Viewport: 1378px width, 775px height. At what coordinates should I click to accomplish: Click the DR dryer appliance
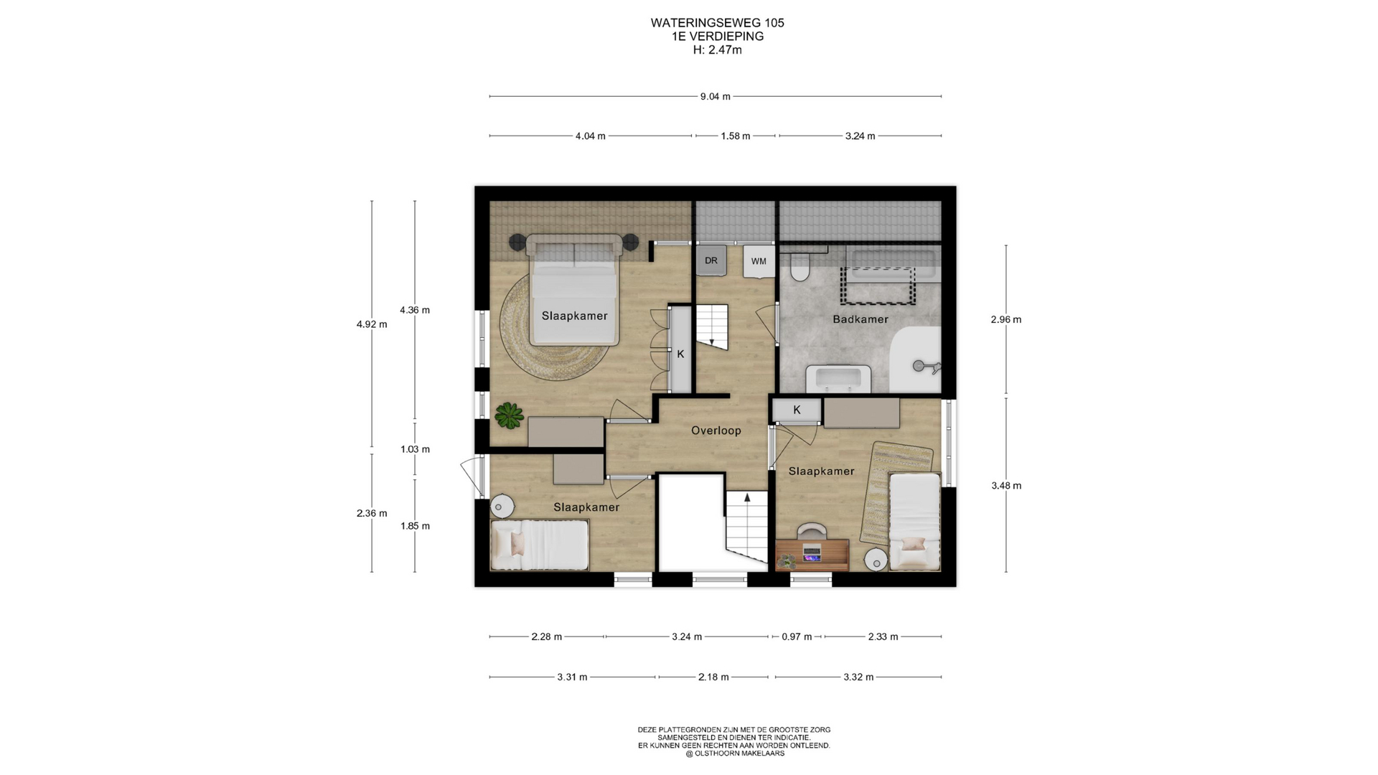tap(711, 260)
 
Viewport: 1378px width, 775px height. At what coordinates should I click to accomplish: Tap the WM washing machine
tap(759, 261)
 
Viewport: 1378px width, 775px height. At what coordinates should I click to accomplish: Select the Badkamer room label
tap(860, 319)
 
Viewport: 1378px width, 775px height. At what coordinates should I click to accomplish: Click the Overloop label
tap(716, 431)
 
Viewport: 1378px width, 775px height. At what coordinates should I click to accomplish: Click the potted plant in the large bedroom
tap(509, 415)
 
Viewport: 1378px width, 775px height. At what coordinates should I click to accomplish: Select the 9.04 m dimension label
tap(715, 97)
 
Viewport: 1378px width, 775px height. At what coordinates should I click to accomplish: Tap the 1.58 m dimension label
tap(736, 136)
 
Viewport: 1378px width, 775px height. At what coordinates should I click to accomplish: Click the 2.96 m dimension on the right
tap(1006, 319)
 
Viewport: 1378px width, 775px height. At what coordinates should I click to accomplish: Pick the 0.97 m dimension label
tap(797, 637)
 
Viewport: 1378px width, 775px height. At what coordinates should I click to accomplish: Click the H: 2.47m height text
tap(717, 50)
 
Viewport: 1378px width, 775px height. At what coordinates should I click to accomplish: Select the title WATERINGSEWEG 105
tap(717, 23)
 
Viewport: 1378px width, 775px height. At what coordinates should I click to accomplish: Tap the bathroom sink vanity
tap(838, 378)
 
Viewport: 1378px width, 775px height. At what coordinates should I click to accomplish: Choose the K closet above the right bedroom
tap(797, 410)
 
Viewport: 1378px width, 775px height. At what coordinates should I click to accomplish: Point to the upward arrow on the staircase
tap(746, 497)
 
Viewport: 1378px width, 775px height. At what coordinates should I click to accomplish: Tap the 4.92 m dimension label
tap(371, 324)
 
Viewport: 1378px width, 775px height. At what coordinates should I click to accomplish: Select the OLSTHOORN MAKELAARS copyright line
tap(734, 753)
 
